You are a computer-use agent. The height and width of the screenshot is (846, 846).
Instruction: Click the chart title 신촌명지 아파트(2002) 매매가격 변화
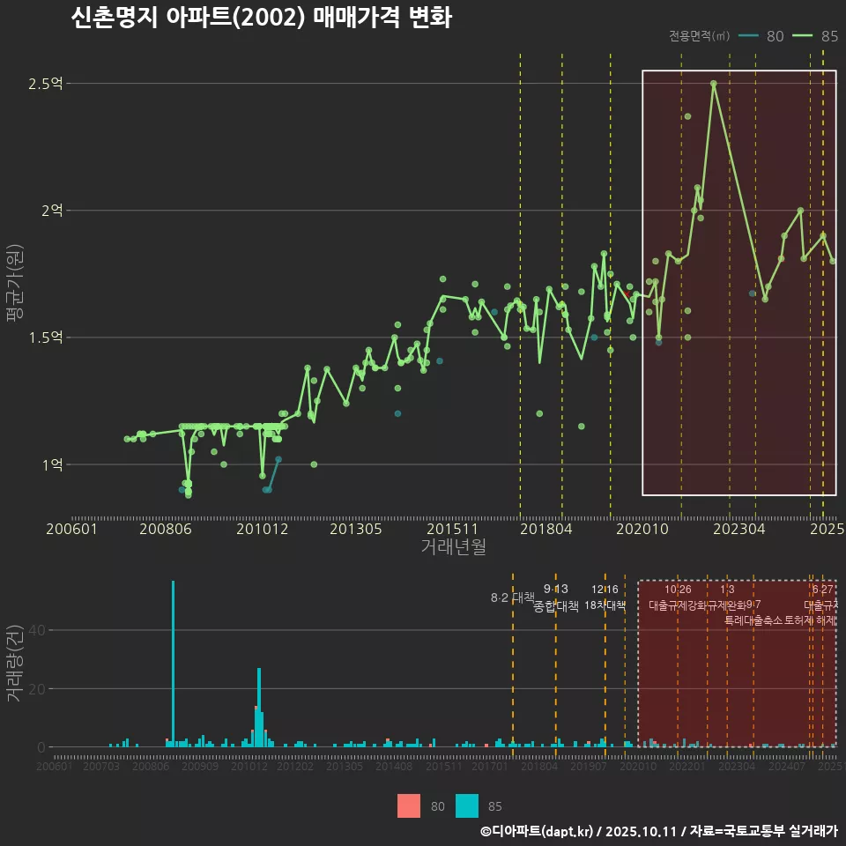[261, 19]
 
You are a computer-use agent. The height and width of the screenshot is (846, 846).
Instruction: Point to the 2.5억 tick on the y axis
[46, 84]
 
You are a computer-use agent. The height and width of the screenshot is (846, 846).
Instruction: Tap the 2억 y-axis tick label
[51, 211]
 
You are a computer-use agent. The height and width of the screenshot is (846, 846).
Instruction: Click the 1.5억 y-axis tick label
[46, 338]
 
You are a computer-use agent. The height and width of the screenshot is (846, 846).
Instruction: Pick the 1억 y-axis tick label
[51, 464]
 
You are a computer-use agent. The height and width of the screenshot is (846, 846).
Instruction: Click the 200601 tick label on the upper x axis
[71, 530]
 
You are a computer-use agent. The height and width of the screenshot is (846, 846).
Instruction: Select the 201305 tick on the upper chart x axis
[355, 530]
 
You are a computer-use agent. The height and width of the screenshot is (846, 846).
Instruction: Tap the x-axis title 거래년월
[453, 547]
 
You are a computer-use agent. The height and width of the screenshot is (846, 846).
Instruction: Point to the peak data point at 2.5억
[714, 84]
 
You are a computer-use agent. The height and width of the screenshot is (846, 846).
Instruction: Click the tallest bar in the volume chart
[173, 663]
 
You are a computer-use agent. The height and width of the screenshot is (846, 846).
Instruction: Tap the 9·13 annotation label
[556, 590]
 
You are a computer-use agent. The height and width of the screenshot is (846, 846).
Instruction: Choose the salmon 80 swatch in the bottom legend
[409, 805]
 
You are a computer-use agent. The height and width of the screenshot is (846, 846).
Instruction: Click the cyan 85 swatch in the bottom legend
[467, 805]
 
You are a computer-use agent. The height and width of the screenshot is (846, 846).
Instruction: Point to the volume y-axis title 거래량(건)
[15, 664]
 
